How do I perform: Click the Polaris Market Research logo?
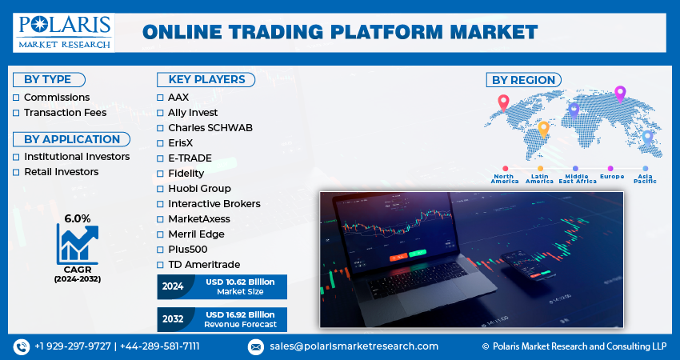64,33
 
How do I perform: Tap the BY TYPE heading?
48,80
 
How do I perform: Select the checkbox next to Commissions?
16,98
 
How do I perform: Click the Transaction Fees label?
65,113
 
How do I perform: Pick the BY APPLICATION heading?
72,139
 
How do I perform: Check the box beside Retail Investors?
16,172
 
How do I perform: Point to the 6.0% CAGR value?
78,218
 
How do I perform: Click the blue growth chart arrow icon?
78,245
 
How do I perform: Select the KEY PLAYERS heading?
207,80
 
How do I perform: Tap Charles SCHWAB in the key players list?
210,128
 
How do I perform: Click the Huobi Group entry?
199,189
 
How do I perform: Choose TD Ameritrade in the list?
204,265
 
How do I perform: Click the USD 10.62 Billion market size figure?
240,282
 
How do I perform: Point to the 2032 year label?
173,319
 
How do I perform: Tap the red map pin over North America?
503,103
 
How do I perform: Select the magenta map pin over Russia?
620,94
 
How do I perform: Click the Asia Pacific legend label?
645,178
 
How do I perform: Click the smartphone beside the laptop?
527,265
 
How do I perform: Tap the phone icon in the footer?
22,346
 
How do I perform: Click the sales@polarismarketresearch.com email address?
354,346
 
